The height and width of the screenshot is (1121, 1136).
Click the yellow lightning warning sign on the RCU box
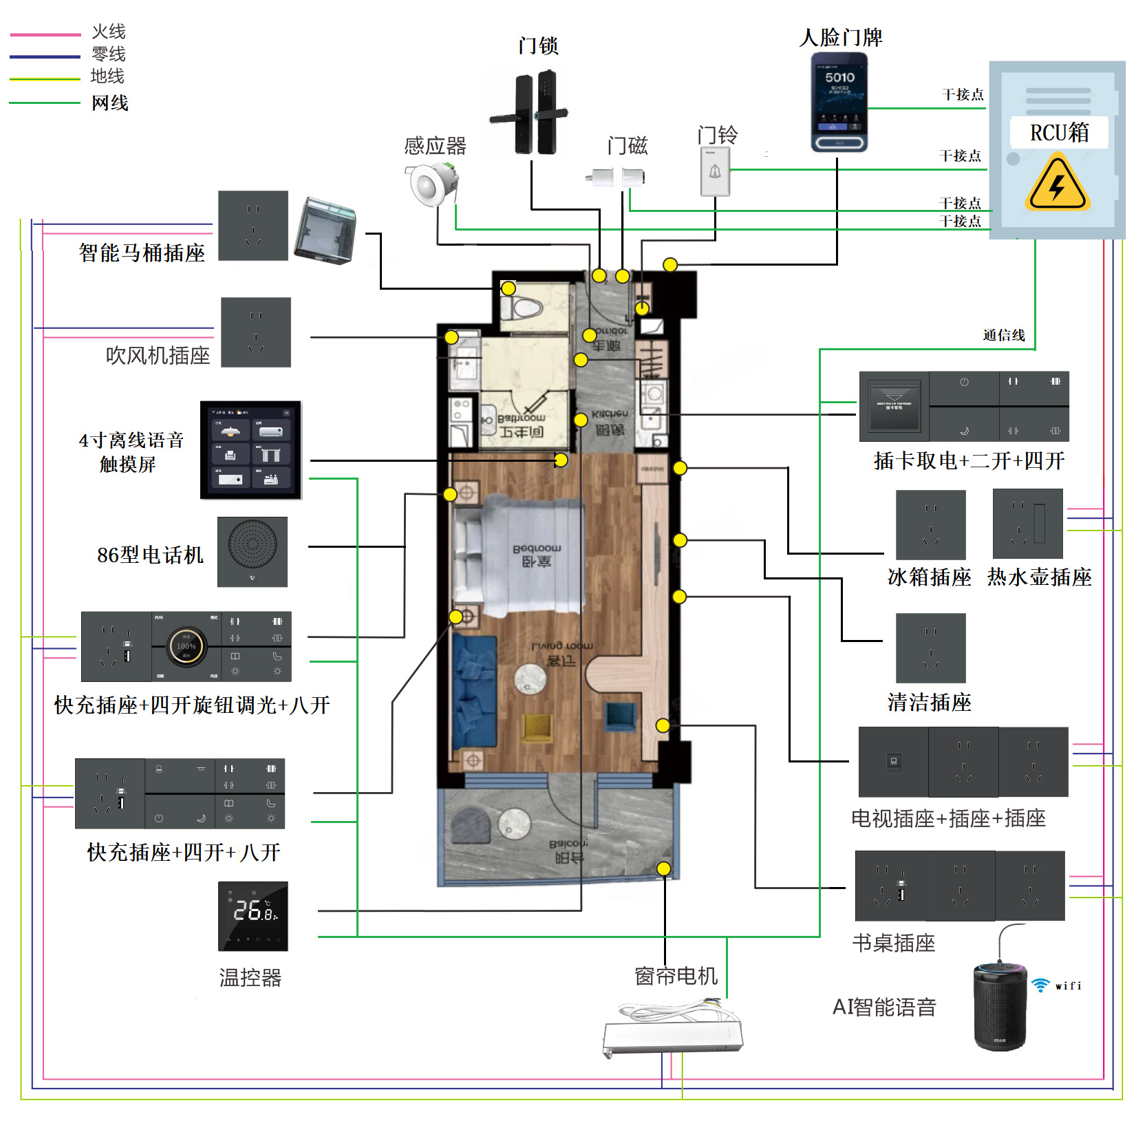click(x=1058, y=184)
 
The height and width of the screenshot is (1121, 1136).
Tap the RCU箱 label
click(x=1059, y=132)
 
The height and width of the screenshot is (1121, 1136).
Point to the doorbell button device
click(x=715, y=171)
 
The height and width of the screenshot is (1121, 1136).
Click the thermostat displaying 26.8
click(x=253, y=916)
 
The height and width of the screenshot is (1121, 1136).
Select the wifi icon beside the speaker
click(x=1040, y=985)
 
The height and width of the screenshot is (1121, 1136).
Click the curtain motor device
click(x=672, y=1032)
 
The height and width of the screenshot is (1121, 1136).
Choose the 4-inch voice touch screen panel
click(x=251, y=450)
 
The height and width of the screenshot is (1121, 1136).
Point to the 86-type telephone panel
click(x=253, y=552)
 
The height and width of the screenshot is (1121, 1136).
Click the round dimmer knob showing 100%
click(x=186, y=646)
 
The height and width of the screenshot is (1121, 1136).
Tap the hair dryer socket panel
click(x=256, y=332)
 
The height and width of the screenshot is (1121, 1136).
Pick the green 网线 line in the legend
click(x=45, y=103)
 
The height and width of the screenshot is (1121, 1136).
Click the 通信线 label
click(x=1003, y=335)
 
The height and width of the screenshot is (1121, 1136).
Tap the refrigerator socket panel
click(x=930, y=524)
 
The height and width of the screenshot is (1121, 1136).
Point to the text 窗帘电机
click(x=676, y=976)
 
